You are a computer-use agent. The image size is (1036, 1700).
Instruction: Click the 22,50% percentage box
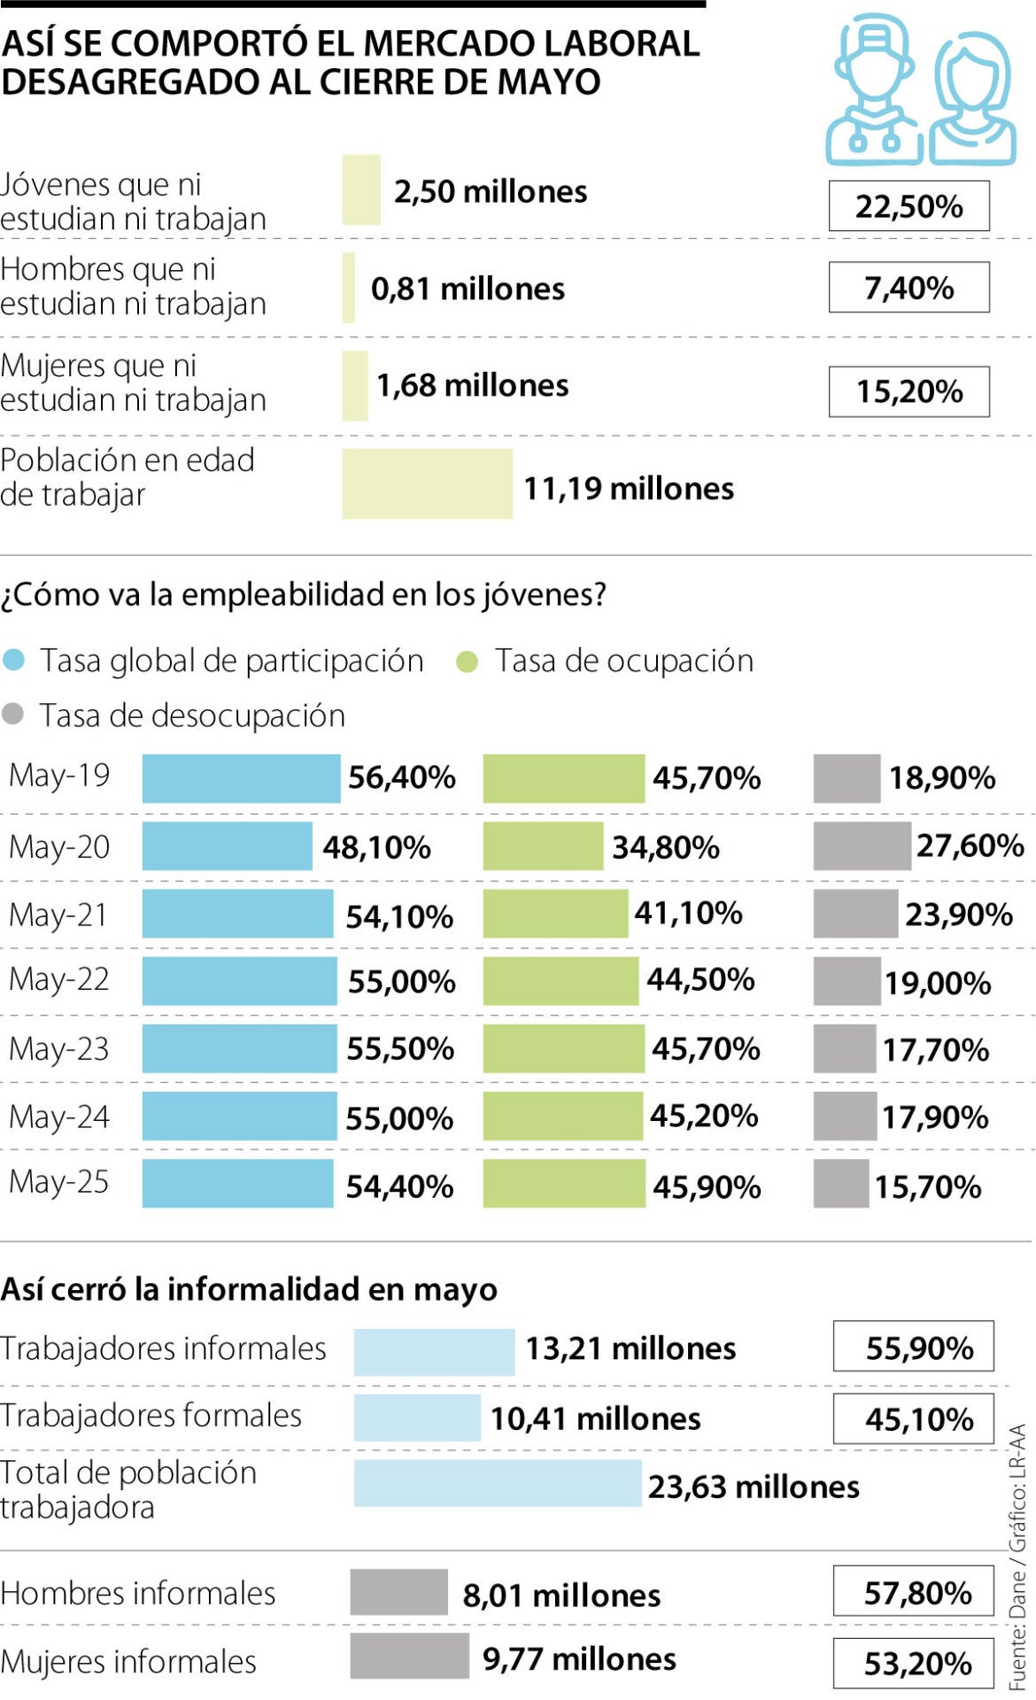[x=908, y=206]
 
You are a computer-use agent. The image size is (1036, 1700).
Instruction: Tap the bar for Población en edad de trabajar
[x=427, y=483]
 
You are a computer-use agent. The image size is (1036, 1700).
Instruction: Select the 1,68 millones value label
[x=472, y=385]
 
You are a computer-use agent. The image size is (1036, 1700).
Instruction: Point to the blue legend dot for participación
[x=14, y=661]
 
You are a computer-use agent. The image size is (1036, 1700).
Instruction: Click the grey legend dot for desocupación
[x=13, y=715]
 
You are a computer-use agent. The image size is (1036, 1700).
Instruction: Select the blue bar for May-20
[x=227, y=846]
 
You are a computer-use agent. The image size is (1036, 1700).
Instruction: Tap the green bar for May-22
[x=560, y=980]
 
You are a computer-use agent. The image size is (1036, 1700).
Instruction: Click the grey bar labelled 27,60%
[x=861, y=846]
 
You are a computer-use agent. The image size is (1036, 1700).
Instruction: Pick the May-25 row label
[x=58, y=1182]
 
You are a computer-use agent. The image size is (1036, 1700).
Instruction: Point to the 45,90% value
[x=707, y=1186]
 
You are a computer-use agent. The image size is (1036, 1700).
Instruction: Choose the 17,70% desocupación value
[x=935, y=1050]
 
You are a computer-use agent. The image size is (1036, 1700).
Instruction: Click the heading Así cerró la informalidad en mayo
[x=249, y=1289]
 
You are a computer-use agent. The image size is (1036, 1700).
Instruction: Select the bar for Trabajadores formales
[x=416, y=1418]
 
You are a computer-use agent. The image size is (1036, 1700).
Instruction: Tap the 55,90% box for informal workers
[x=913, y=1347]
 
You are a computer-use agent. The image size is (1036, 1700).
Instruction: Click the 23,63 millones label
[x=753, y=1487]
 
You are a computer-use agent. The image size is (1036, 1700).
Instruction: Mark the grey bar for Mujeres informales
[x=409, y=1656]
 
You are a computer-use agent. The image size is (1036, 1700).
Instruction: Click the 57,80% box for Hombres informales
[x=913, y=1591]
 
